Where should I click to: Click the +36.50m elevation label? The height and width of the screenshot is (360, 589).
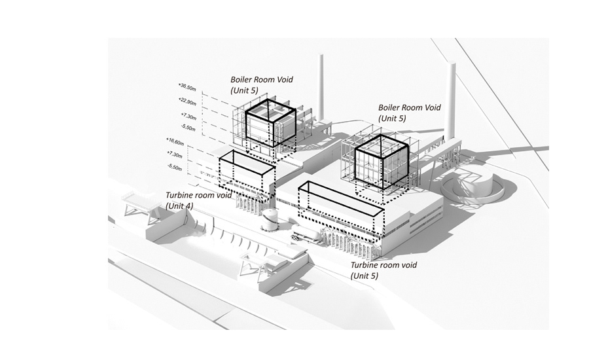coord(187,86)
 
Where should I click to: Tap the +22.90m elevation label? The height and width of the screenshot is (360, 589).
coord(187,99)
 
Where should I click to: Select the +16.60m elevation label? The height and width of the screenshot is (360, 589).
coord(176,141)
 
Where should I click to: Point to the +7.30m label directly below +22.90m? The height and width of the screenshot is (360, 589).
coord(188,115)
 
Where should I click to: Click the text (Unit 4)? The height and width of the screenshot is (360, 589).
coord(178,206)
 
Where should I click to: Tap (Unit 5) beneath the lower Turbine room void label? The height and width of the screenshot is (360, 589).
coord(364,276)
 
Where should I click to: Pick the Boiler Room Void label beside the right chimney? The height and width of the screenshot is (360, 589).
coord(410,108)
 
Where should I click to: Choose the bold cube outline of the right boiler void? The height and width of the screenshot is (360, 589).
coord(381,160)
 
